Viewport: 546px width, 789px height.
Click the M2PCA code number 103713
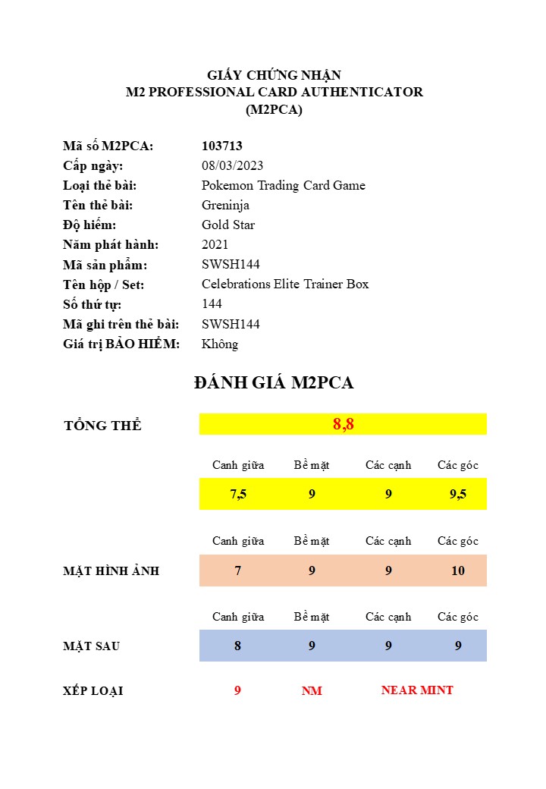[x=222, y=146]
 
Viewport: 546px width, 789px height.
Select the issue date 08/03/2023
[x=232, y=165]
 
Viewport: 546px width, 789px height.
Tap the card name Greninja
[x=225, y=205]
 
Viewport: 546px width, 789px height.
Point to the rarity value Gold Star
[x=228, y=225]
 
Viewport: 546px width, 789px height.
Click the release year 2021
[x=215, y=244]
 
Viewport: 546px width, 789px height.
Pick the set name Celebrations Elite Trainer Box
[x=285, y=284]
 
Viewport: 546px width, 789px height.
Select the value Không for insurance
[x=220, y=344]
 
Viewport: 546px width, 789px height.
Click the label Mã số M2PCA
[x=108, y=146]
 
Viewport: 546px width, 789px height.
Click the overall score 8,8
[x=344, y=424]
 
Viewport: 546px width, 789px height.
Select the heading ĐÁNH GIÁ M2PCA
[x=274, y=383]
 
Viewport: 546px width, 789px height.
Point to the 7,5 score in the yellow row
[x=238, y=494]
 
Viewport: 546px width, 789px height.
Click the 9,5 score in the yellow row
[x=458, y=494]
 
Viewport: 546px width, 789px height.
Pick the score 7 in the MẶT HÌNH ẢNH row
[x=238, y=571]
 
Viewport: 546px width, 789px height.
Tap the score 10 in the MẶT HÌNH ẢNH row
[x=458, y=571]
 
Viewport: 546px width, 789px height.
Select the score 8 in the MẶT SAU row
[x=238, y=646]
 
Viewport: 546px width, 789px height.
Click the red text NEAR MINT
[x=417, y=690]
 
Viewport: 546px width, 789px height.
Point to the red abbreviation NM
[x=312, y=691]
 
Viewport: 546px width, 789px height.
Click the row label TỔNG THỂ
[x=102, y=426]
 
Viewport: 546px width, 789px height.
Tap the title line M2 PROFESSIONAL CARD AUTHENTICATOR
[x=274, y=92]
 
